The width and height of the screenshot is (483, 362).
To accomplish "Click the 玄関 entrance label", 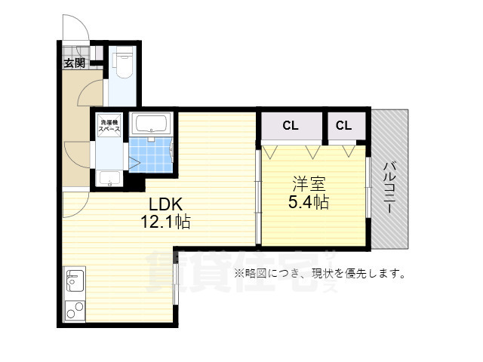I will coord(73,63).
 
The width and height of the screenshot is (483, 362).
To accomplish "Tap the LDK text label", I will coord(165,204).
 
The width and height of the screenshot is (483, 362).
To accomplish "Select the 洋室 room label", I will coord(309,183).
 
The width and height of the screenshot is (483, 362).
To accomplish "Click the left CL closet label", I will coord(291,126).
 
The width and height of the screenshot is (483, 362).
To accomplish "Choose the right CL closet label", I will coord(343,126).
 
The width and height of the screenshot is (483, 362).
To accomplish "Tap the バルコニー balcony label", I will coord(389,188).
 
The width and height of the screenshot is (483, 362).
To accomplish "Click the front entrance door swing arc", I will coord(75,28).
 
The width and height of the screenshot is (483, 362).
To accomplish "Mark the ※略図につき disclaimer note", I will coord(320,273).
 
